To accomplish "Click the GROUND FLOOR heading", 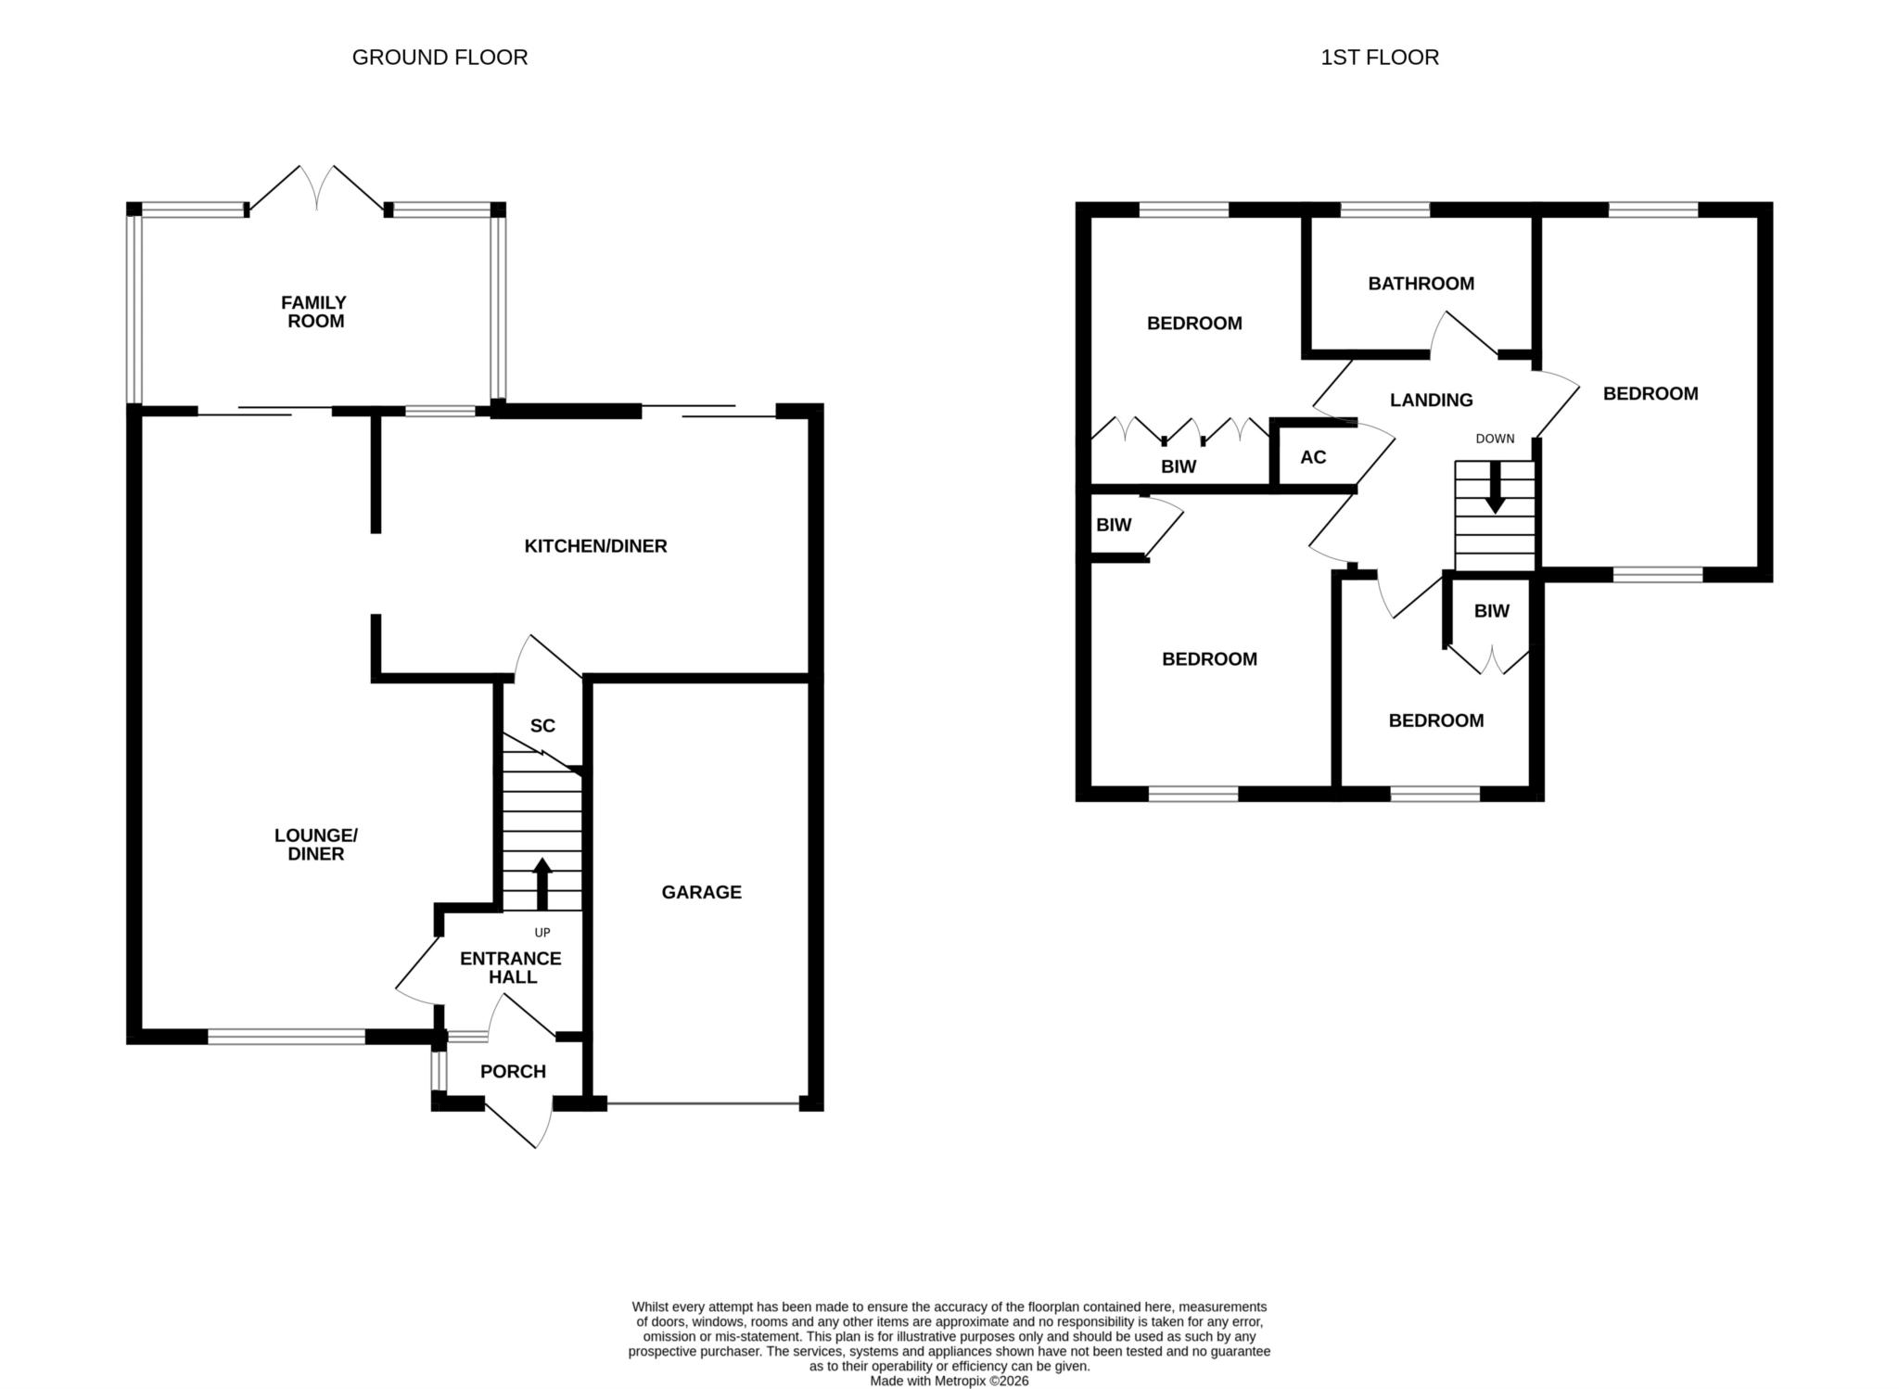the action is pos(440,57).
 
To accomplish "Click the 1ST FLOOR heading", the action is pos(1380,57).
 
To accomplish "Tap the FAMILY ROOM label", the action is pos(315,312).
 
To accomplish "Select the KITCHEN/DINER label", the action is pos(595,546).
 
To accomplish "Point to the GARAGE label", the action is pos(701,892).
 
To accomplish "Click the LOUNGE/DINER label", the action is pos(316,844).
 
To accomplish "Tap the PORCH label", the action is pos(513,1071).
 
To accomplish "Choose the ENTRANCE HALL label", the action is pos(511,967).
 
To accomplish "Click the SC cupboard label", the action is pos(542,725).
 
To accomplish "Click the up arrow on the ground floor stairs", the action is pos(542,884).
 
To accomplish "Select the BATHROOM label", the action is pos(1421,284).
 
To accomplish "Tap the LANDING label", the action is pos(1431,400).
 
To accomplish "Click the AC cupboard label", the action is pos(1313,457).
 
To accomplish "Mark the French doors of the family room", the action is pos(316,190).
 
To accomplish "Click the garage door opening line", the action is pos(703,1103).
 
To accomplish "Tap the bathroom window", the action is pos(1385,210).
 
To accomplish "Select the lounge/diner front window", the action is pos(287,1037).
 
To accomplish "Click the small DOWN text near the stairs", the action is pos(1495,439).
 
